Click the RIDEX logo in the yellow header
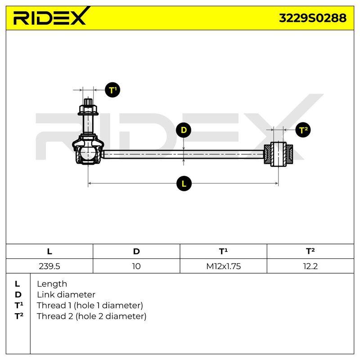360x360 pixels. coord(51,16)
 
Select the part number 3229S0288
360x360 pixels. coord(312,18)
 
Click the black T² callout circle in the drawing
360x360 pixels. coord(303,130)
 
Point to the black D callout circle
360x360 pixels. coord(184,130)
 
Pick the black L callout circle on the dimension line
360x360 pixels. coord(184,184)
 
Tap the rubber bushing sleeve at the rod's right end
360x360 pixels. coord(278,154)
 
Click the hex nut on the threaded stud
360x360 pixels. coord(88,110)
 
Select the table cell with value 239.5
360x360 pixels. coord(49,266)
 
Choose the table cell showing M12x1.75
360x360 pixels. coord(223,266)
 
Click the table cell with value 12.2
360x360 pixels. coord(310,266)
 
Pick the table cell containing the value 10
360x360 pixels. coord(136,266)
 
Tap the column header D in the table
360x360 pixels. coord(136,252)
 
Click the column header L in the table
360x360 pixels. coord(49,252)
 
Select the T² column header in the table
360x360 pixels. coord(310,252)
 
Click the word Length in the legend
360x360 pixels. coord(52,284)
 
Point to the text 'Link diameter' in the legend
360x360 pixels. coord(66,295)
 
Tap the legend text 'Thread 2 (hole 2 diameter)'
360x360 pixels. coord(92,316)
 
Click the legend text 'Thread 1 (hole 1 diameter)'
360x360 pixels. coord(90,306)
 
